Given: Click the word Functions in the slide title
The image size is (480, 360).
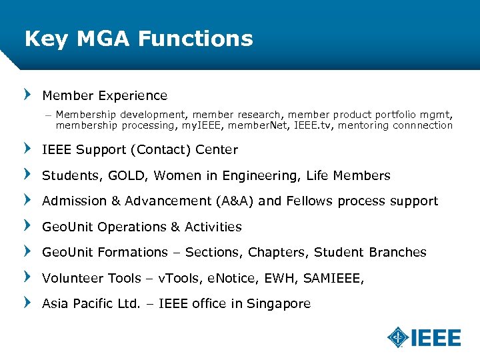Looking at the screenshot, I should pos(195,38).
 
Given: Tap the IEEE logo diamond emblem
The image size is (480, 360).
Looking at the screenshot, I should pos(399,337).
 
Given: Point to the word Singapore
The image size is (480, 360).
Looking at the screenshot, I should pos(279,304).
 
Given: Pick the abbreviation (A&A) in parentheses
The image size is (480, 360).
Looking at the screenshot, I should pos(235,201).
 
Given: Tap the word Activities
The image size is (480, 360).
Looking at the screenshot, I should pos(213,227).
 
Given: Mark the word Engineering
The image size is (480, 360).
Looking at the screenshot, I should pos(263,176).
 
